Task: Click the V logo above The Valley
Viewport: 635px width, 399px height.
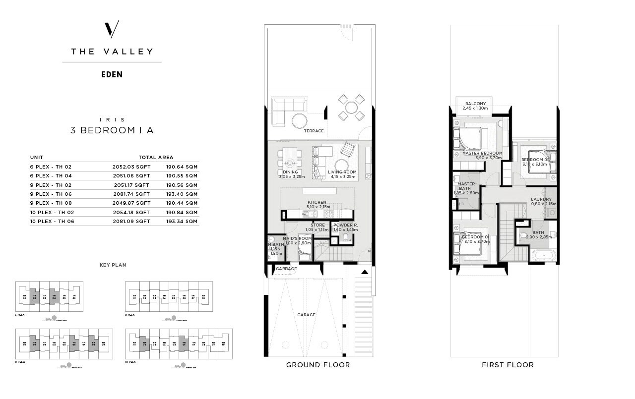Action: tap(112, 29)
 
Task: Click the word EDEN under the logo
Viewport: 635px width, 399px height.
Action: tap(112, 75)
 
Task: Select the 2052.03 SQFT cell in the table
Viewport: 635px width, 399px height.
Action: tap(131, 167)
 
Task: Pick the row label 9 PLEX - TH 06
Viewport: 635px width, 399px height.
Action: tap(51, 194)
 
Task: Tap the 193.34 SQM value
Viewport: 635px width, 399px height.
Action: tap(182, 222)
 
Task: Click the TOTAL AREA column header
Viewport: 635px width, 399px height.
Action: tap(156, 157)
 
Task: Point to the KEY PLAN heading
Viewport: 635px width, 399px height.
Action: tap(113, 265)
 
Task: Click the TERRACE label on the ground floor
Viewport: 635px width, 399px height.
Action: tap(314, 131)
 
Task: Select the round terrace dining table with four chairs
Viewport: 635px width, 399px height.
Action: tap(351, 108)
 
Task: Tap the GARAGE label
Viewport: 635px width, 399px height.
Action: tap(306, 315)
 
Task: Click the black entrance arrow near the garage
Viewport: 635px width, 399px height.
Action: tap(365, 272)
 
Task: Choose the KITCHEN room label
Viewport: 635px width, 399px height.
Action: tap(317, 202)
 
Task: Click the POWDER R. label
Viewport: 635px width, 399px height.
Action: tap(345, 225)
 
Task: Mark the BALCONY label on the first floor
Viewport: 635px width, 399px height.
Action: tap(475, 104)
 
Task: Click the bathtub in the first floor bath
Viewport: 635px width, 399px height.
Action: tap(544, 256)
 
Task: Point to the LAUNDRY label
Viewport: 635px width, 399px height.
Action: tap(541, 199)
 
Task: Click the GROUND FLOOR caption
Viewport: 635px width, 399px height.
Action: tap(318, 365)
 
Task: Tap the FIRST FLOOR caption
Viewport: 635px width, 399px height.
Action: tap(508, 365)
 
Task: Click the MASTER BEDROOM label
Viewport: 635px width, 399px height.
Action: tap(482, 153)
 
